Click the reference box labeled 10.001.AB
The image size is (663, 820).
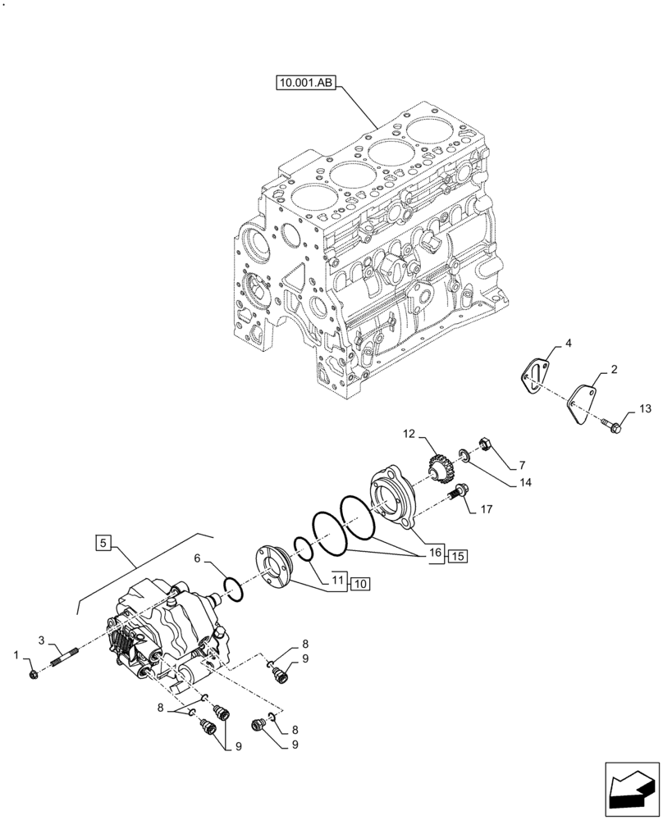click(x=306, y=83)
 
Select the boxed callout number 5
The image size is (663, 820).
click(x=103, y=542)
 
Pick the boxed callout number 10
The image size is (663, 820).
click(x=361, y=584)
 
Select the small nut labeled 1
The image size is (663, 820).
click(x=33, y=674)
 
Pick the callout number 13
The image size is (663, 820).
click(x=643, y=409)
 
